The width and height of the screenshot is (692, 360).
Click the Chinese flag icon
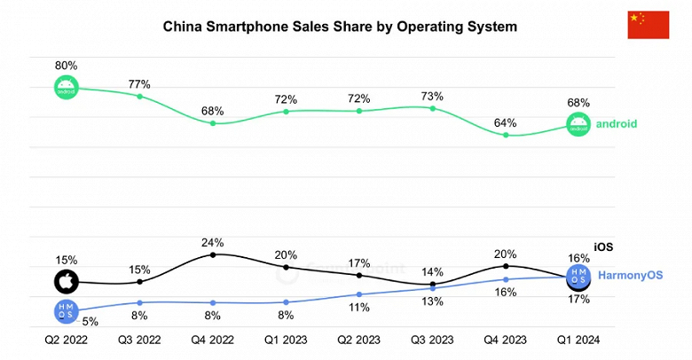(648, 25)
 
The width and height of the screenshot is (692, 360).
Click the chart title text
(340, 27)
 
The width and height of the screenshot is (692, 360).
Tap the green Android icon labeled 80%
(66, 88)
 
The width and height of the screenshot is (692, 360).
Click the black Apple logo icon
(66, 282)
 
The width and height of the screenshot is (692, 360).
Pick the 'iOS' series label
(603, 247)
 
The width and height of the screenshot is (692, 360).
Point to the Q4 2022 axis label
(212, 340)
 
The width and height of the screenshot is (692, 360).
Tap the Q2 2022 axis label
(66, 340)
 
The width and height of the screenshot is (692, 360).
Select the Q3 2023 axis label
(432, 340)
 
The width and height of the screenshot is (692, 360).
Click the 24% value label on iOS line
(212, 241)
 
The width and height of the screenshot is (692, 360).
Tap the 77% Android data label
(139, 84)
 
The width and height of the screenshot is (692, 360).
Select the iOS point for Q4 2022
(213, 255)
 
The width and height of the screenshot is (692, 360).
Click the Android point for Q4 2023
(506, 135)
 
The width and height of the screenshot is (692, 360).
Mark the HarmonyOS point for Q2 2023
(359, 294)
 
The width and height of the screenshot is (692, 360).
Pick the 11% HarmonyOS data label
(359, 308)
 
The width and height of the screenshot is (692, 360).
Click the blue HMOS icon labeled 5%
(66, 310)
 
